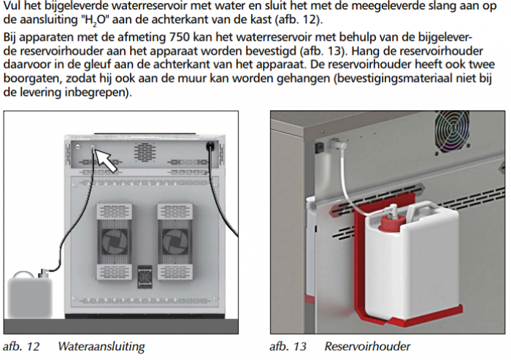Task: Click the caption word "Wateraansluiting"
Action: click(x=101, y=346)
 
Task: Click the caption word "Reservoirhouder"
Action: click(x=368, y=346)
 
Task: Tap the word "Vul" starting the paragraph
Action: click(x=12, y=6)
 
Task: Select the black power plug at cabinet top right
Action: click(x=212, y=147)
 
